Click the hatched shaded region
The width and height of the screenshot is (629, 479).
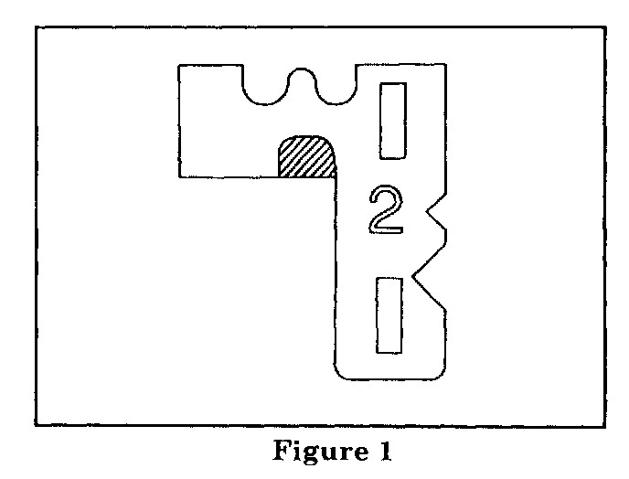point(305,156)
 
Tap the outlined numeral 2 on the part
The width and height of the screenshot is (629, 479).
point(383,210)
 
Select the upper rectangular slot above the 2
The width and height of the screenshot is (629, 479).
point(394,120)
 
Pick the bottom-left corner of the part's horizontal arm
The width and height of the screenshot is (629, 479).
point(179,176)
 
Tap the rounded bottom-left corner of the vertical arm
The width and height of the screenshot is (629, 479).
point(338,373)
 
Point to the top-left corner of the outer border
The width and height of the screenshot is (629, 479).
point(35,27)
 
